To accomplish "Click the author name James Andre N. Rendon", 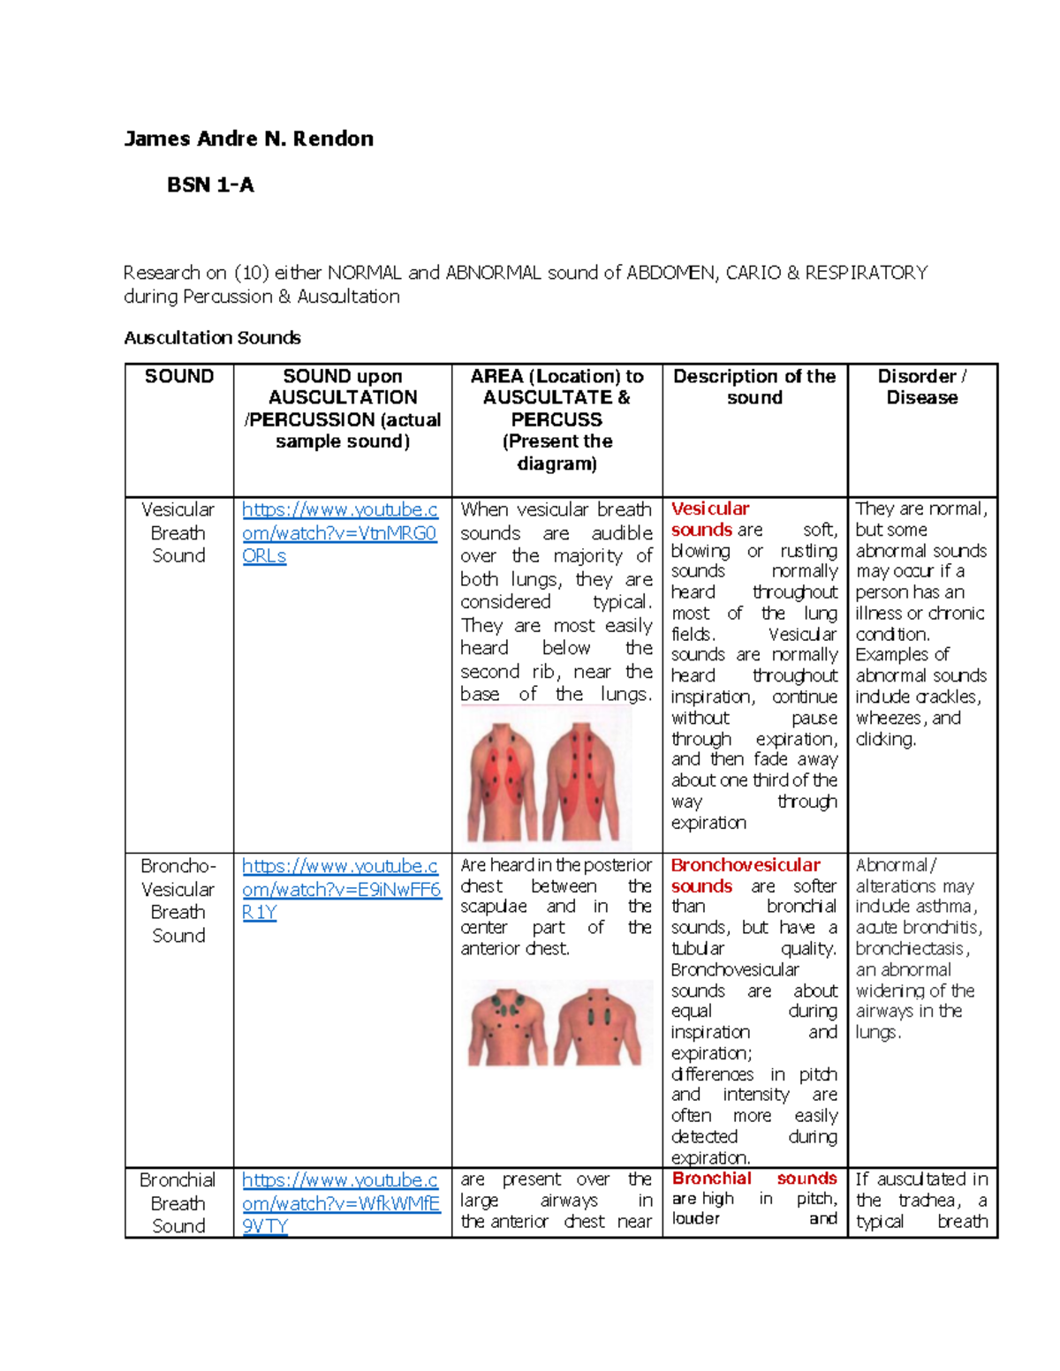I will (x=248, y=139).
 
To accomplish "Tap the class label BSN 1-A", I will (x=210, y=185).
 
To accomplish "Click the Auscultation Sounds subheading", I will (x=212, y=337).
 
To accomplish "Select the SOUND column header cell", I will (x=179, y=376).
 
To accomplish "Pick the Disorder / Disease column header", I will (x=921, y=387).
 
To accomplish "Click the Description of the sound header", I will (x=754, y=387).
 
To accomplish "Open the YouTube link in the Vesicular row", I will (x=340, y=532).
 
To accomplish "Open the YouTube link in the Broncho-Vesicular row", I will (x=341, y=889).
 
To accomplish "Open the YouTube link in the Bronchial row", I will (x=340, y=1202).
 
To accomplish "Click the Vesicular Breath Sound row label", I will (x=178, y=532).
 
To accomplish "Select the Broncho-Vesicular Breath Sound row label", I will (x=178, y=900).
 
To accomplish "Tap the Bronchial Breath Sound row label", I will (x=178, y=1202).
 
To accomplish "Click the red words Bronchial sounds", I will (x=754, y=1179).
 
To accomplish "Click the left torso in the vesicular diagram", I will (x=502, y=781).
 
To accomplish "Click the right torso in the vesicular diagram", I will (x=581, y=781).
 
